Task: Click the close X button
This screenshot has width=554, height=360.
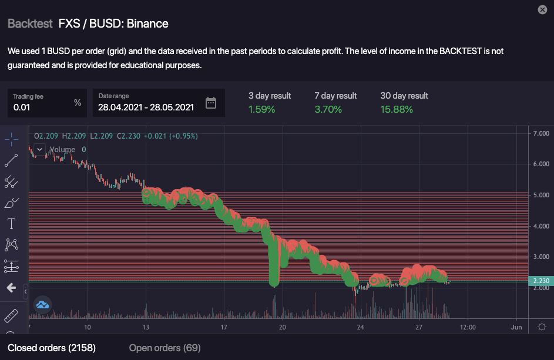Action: point(542,9)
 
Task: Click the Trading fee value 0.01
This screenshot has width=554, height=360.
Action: point(22,107)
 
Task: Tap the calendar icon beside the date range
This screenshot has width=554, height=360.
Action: point(211,103)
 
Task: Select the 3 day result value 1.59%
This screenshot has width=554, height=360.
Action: point(261,109)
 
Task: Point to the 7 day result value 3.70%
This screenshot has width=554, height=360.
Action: point(328,109)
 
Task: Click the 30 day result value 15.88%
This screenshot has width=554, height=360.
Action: point(397,109)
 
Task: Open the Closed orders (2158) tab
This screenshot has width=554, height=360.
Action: point(52,348)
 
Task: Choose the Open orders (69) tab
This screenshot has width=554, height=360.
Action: point(164,348)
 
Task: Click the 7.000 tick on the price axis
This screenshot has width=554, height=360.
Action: point(540,133)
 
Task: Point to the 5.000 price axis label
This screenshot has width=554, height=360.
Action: point(540,195)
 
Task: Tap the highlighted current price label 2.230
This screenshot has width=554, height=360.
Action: point(540,281)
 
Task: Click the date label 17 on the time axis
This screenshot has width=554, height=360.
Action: point(224,327)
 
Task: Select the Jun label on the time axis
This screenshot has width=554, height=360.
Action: point(516,327)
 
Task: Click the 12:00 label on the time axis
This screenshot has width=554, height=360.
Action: point(468,327)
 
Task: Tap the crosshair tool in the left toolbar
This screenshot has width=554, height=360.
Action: point(11,139)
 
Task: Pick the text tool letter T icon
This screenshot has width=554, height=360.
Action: point(11,224)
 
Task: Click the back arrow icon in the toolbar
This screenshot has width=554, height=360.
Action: point(11,288)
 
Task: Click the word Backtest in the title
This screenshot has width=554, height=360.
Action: point(30,24)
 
